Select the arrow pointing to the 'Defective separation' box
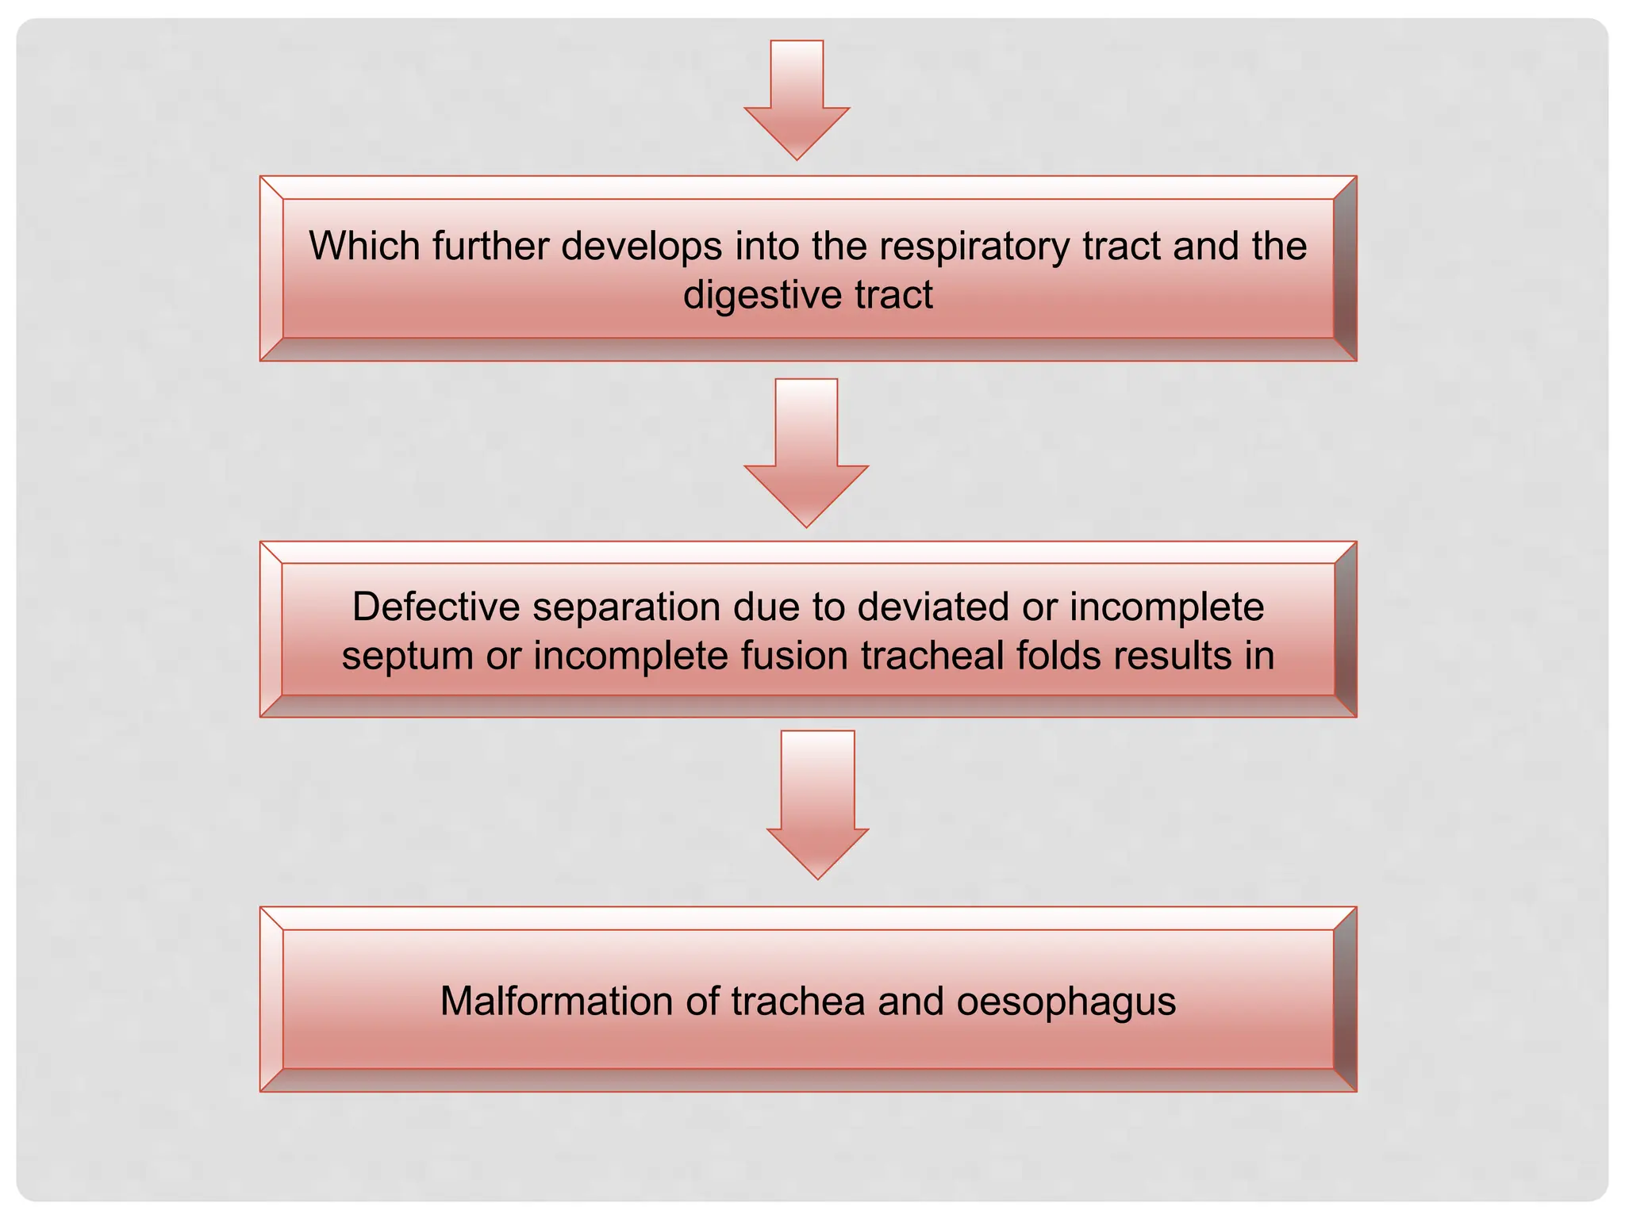coord(806,452)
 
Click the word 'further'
coord(490,246)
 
